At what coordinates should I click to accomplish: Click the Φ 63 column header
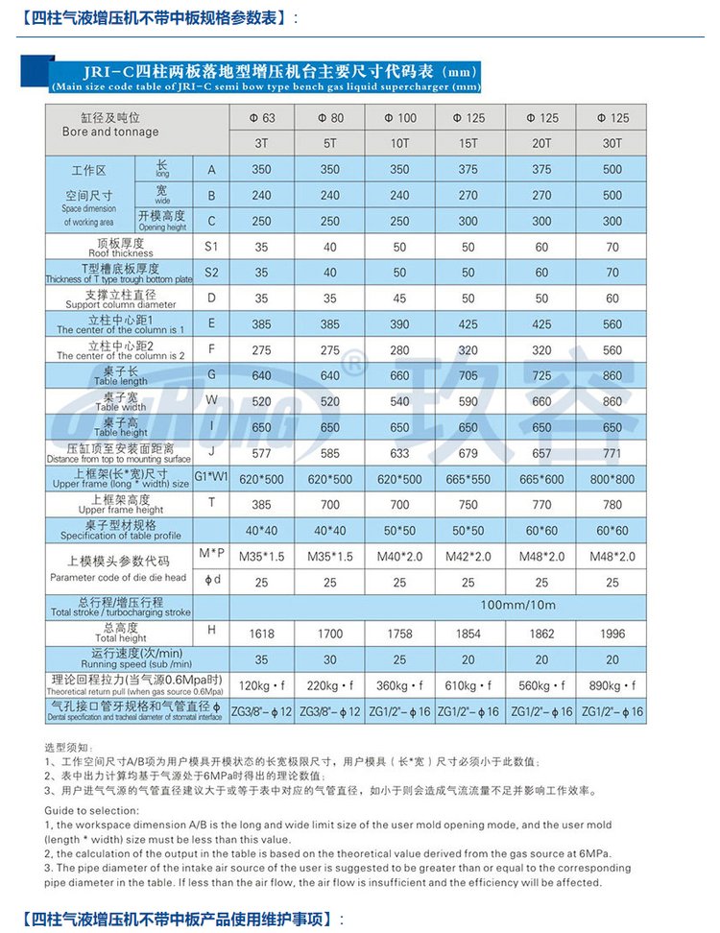(x=262, y=118)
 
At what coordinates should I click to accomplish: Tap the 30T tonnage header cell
(x=613, y=143)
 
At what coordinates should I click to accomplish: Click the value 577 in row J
(x=262, y=453)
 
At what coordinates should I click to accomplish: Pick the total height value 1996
(x=613, y=634)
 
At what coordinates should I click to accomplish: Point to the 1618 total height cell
(x=262, y=634)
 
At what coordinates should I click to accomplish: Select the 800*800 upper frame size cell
(x=613, y=479)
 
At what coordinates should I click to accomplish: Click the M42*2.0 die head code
(x=468, y=557)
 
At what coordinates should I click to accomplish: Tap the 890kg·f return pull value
(x=613, y=685)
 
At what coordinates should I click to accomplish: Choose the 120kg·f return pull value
(x=262, y=685)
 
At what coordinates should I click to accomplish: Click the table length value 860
(x=613, y=375)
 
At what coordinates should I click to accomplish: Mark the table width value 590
(x=468, y=401)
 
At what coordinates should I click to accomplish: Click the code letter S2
(x=211, y=273)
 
